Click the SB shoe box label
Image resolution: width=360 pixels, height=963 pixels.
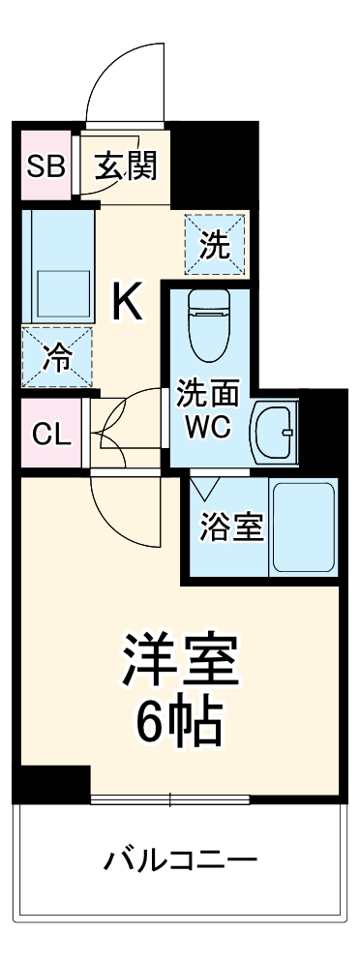coord(45,166)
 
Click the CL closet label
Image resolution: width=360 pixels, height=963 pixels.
coord(51,434)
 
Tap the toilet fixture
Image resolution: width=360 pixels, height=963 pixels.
coord(206,323)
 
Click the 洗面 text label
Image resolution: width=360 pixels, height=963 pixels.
coord(207,395)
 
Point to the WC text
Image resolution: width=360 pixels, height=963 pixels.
coord(209,428)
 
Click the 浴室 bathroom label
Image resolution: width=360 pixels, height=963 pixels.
coord(231,528)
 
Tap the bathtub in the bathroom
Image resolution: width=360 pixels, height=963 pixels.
coord(303,527)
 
